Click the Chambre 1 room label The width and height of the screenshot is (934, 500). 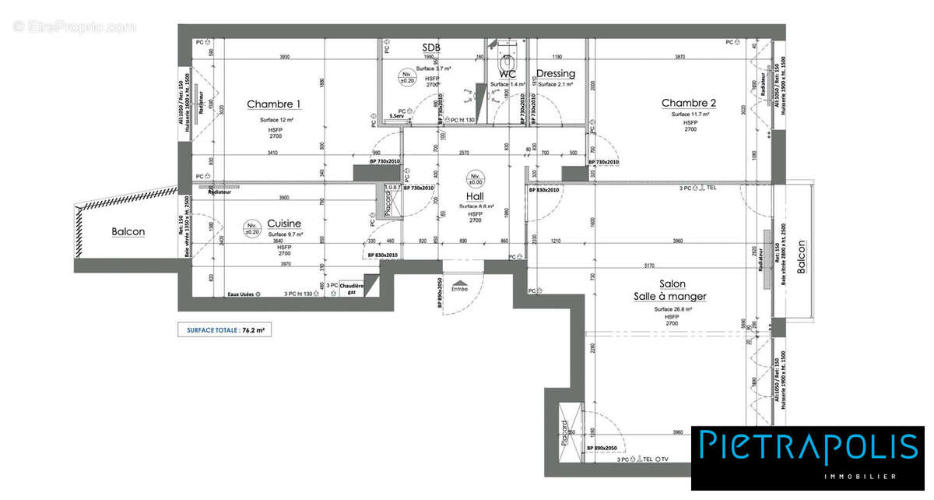pyautogui.click(x=273, y=104)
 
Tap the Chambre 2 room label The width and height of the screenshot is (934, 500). pyautogui.click(x=689, y=103)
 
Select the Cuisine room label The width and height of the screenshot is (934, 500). pyautogui.click(x=283, y=224)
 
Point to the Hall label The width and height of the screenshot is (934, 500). pyautogui.click(x=475, y=196)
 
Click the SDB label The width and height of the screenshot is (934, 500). pyautogui.click(x=431, y=48)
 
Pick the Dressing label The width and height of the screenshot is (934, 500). pyautogui.click(x=556, y=74)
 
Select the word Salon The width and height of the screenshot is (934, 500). pyautogui.click(x=672, y=284)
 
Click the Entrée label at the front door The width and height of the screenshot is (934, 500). pyautogui.click(x=459, y=289)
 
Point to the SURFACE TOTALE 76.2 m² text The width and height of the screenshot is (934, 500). pyautogui.click(x=226, y=330)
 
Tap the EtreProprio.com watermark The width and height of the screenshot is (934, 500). pyautogui.click(x=75, y=26)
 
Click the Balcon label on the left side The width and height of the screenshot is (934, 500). pyautogui.click(x=128, y=231)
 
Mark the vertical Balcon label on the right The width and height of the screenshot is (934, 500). pyautogui.click(x=801, y=256)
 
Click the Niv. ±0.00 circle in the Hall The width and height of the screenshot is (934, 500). pyautogui.click(x=474, y=177)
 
